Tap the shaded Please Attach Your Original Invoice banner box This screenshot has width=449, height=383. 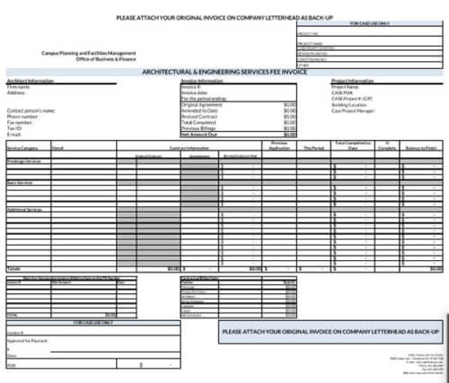coord(330,332)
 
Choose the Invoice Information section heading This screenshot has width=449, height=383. coord(201,81)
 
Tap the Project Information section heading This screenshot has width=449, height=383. coord(352,81)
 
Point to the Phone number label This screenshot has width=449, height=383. coord(23,115)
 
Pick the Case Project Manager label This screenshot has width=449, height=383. coord(354,109)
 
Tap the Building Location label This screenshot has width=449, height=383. coord(349,103)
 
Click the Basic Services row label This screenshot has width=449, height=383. coord(20,181)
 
